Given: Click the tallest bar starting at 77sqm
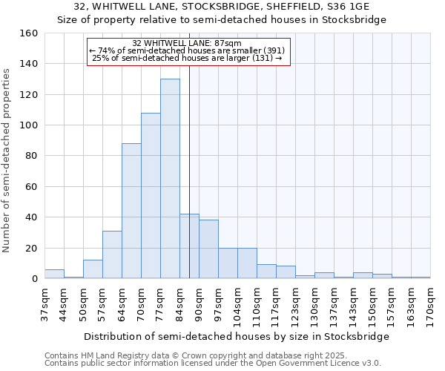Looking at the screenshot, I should click(170, 179).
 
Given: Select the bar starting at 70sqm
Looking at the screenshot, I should click(151, 196).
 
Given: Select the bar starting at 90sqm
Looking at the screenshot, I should click(208, 249).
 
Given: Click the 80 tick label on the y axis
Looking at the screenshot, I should click(30, 156).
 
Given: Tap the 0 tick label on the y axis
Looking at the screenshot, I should click(33, 279).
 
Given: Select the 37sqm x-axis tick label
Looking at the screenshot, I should click(44, 305).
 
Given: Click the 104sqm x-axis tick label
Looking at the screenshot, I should click(237, 305).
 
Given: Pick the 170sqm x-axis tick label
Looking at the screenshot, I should click(430, 305).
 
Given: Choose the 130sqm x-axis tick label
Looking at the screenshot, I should click(314, 305).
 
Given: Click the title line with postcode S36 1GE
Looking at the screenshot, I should click(222, 7).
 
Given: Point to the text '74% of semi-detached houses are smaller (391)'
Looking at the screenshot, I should click(187, 50).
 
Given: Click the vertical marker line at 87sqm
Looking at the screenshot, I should click(189, 185).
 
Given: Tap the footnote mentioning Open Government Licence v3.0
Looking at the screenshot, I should click(213, 364).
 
